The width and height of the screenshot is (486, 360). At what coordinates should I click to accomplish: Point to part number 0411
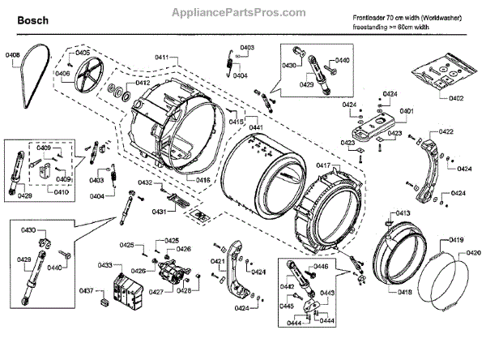(163, 58)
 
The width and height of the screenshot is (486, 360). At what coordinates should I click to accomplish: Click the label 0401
(407, 110)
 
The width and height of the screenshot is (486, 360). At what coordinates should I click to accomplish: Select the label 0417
(322, 165)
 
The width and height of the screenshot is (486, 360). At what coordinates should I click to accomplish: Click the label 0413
(403, 213)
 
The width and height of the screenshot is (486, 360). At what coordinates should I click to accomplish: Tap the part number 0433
(106, 265)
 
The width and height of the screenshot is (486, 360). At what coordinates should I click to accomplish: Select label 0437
(87, 291)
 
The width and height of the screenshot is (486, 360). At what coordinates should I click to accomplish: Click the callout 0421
(217, 261)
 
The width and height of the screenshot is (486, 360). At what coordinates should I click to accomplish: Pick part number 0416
(202, 179)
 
